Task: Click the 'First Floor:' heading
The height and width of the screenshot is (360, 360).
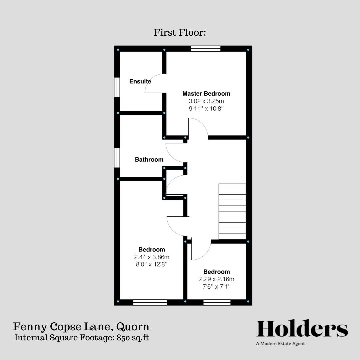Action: pos(180,33)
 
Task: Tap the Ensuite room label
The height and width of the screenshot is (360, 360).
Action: pos(140,81)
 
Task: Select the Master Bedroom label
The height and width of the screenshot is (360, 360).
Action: pos(206,94)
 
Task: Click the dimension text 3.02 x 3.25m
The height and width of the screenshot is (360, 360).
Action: pos(206,101)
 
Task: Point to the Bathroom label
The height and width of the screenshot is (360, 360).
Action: pos(149,160)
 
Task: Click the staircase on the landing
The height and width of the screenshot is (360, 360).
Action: pos(232,211)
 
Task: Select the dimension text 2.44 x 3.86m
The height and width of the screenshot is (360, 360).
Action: pos(152,257)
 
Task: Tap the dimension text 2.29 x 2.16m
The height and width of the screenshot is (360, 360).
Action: pos(217,279)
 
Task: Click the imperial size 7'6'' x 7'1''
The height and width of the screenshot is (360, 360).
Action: pos(217,286)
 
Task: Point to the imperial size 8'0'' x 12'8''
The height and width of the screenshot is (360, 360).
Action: pos(152,264)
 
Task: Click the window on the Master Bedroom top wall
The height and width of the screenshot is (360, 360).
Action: pos(206,49)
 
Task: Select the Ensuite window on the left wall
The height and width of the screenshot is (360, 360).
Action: pos(117,87)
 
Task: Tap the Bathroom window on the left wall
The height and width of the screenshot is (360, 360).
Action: pos(117,158)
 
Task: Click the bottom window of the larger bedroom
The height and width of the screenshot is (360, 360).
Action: pos(150,302)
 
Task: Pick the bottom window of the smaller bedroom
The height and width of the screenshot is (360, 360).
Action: pos(217,302)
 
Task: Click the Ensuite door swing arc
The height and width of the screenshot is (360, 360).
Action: pos(152,83)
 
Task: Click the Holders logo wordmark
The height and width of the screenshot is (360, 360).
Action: pos(302,329)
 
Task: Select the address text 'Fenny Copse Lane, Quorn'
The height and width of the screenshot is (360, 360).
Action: pos(81,326)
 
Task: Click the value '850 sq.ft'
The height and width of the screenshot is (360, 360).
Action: pos(133,338)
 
